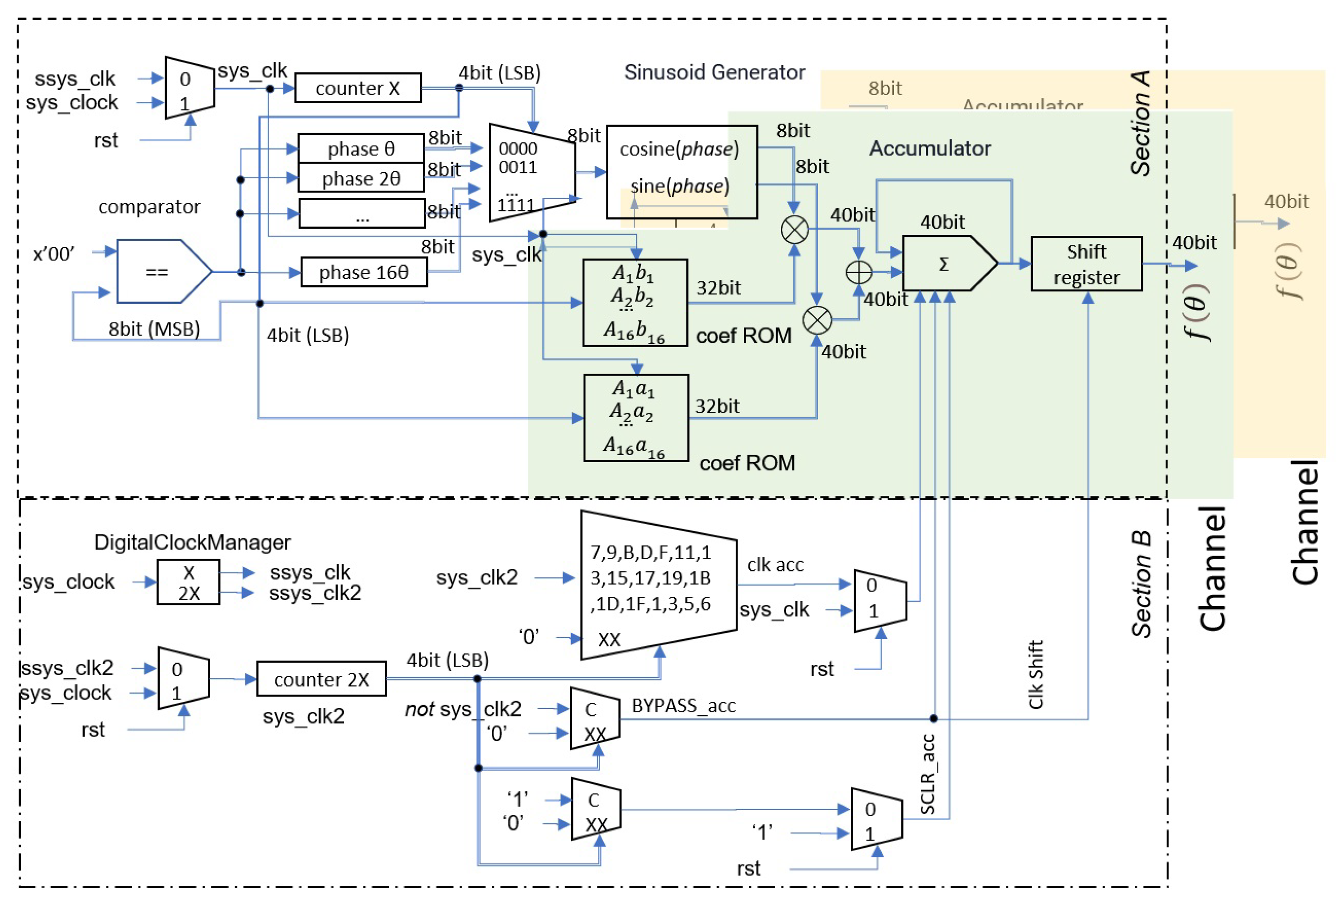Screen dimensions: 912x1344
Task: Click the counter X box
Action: click(357, 88)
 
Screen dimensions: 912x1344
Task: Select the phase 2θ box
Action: click(361, 178)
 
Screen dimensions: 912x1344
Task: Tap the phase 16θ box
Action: click(364, 272)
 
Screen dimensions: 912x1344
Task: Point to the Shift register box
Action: click(1086, 264)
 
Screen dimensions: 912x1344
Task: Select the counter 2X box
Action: click(321, 679)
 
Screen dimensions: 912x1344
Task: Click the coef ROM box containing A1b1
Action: click(635, 303)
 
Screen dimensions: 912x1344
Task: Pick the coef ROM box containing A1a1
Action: click(635, 418)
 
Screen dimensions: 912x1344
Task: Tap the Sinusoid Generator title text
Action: click(714, 72)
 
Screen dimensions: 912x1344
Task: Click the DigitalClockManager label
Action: click(192, 543)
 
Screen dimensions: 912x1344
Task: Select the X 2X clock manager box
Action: click(188, 582)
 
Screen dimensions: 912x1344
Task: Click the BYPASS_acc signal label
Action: click(683, 706)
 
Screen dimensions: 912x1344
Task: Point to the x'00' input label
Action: click(54, 254)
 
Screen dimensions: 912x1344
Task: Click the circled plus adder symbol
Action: click(859, 272)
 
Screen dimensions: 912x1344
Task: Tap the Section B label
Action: click(1141, 584)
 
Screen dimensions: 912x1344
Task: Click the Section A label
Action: click(1140, 123)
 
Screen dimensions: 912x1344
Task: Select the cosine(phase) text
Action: click(679, 149)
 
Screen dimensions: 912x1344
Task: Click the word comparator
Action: click(149, 206)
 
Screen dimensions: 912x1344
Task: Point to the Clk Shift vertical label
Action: click(1035, 674)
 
